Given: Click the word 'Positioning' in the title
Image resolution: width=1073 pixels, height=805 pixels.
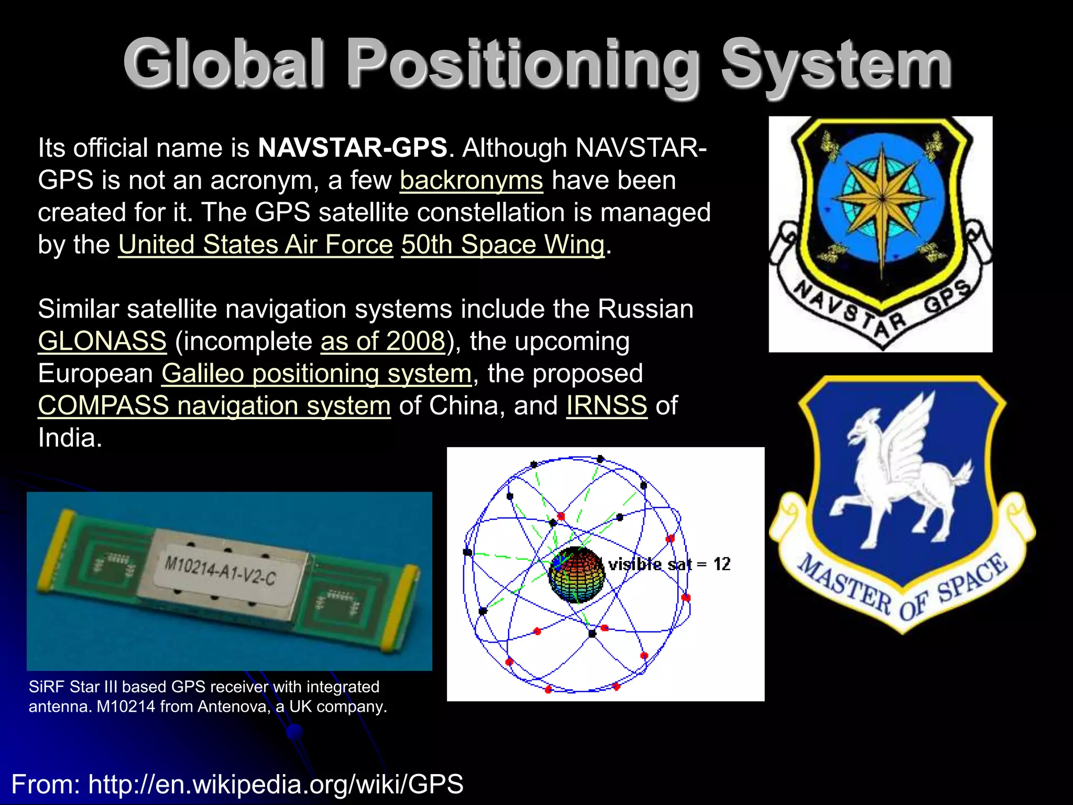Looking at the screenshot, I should click(524, 66).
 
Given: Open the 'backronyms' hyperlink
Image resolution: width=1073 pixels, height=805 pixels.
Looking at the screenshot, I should click(471, 181).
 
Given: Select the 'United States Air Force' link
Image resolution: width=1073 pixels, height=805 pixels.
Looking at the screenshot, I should click(255, 245).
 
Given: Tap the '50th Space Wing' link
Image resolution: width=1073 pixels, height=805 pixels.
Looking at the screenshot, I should click(502, 245).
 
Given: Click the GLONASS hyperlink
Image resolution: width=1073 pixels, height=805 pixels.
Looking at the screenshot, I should click(102, 341).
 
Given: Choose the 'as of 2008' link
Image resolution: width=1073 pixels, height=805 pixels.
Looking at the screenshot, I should click(382, 341).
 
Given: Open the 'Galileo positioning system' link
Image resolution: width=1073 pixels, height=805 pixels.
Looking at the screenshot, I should click(316, 374).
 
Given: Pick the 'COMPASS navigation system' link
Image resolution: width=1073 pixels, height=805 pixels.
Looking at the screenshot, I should click(214, 406).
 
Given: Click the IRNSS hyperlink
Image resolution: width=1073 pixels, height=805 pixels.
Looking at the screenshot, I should click(606, 406).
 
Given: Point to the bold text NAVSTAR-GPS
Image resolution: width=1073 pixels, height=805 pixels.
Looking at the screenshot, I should click(353, 148).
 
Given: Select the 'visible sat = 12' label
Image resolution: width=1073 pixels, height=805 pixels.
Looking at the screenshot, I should click(669, 564).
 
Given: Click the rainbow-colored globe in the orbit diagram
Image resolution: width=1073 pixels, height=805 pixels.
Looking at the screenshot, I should click(575, 575).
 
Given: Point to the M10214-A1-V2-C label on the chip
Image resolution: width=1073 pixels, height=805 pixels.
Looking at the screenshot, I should click(220, 571).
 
